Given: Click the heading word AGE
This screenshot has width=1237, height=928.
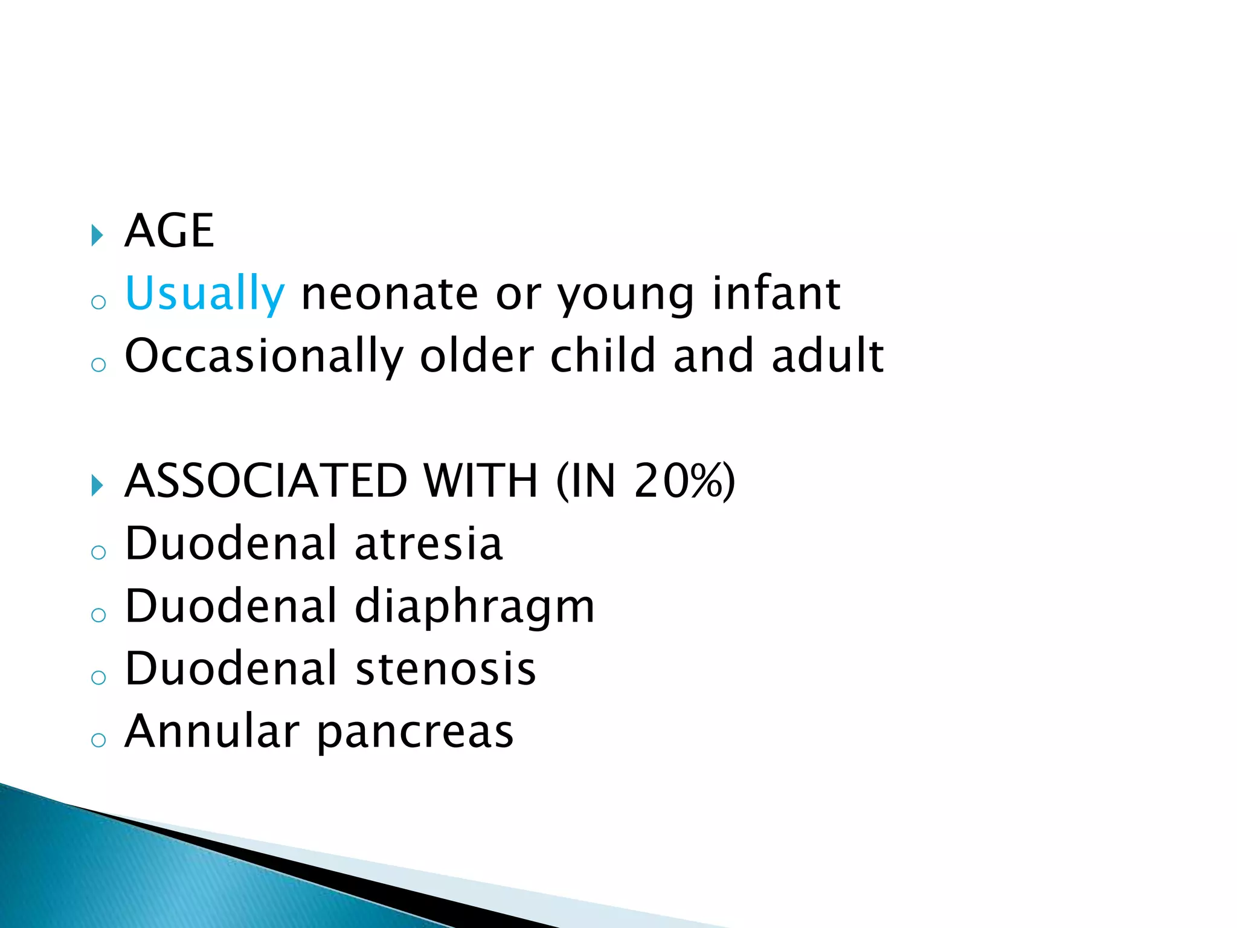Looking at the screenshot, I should coord(169,231).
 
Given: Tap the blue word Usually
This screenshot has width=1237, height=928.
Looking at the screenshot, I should coord(204,294).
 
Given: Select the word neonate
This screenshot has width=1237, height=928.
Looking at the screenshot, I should coord(390,294).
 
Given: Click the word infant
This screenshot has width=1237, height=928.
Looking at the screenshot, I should coord(776,294).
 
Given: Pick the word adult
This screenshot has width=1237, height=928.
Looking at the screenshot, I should coord(827,356).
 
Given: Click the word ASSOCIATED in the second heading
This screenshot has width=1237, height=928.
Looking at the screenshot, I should coord(266,481).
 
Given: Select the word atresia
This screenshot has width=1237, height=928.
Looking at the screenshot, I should coord(428,543).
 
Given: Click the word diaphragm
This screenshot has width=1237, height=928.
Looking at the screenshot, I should coord(475,607).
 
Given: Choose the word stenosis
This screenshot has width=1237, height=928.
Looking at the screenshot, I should coord(446,669).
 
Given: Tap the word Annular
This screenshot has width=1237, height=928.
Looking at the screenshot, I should coord(212,732).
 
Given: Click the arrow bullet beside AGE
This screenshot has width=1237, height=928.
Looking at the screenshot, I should coord(97,234).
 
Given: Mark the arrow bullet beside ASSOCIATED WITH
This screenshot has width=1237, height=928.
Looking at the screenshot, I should coord(97,485).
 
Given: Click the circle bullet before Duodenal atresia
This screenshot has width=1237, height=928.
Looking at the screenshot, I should coord(98,552).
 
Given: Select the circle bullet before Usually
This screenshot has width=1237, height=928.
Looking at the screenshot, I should coord(98,302).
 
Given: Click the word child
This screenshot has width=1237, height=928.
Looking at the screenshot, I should coord(602,356).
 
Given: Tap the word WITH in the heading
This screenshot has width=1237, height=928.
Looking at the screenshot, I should coord(480,481).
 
